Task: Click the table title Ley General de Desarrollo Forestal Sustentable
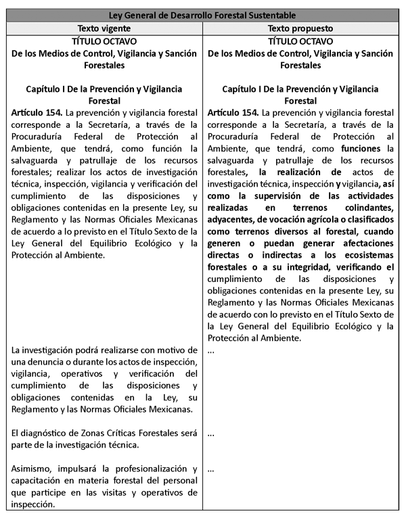202,15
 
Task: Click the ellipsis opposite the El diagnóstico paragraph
211,433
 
